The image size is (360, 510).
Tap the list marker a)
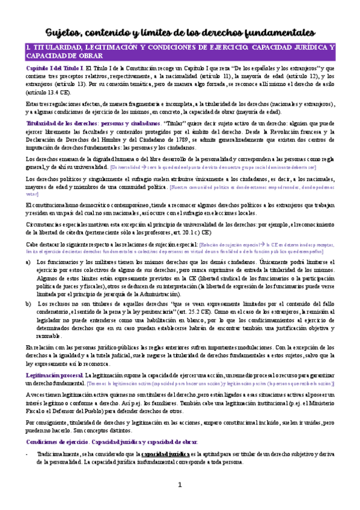coord(28,263)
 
